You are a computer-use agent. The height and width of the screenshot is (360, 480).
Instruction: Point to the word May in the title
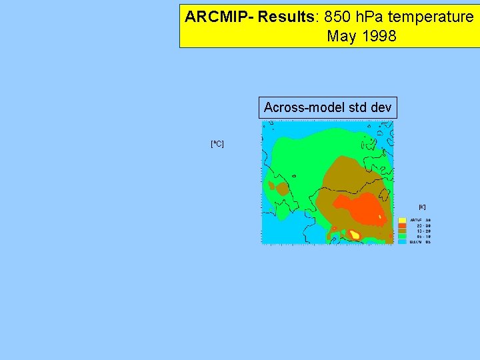341,36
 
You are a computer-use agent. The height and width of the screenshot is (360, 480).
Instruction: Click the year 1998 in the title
379,36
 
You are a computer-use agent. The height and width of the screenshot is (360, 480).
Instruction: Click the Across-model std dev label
327,107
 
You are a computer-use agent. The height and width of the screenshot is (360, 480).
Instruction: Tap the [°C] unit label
217,143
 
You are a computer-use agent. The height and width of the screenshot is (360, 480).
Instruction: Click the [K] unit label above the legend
422,207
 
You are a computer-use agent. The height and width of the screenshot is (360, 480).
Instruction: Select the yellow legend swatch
403,220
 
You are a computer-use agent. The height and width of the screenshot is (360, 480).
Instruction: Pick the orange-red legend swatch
403,225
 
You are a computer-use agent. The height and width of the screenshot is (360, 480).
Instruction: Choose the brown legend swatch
403,231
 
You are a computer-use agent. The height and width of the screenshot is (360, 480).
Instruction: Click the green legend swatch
403,236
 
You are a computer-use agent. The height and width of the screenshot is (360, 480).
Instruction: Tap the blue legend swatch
403,241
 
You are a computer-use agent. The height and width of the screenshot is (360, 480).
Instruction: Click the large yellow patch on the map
355,235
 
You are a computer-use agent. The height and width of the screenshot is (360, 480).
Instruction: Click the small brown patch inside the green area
282,189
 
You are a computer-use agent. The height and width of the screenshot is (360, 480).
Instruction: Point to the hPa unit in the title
365,17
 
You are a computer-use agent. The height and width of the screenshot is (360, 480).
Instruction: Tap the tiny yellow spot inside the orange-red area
380,217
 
